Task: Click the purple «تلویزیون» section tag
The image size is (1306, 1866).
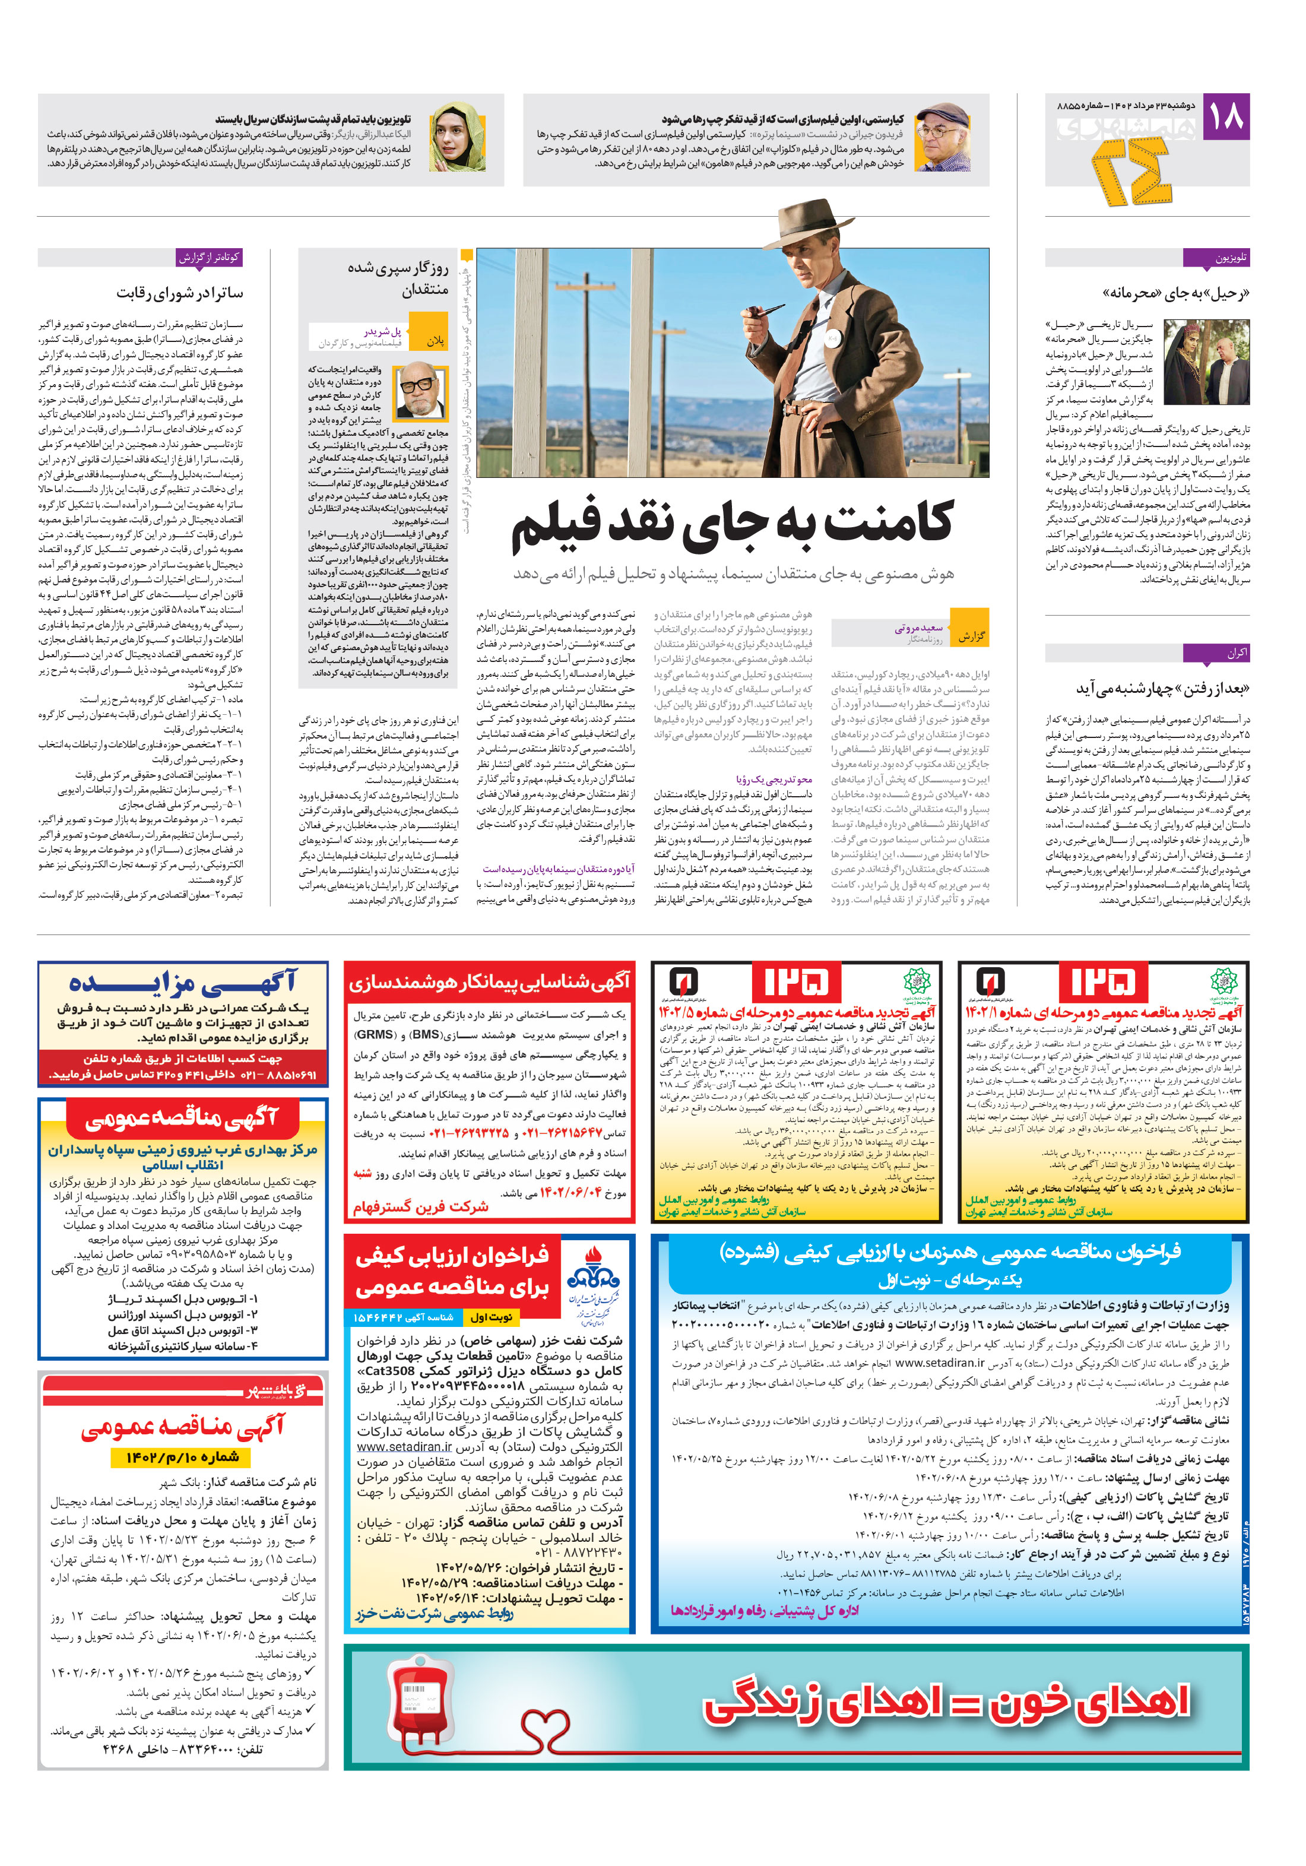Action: coord(1216,258)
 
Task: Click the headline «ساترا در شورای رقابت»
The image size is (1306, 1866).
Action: coord(180,293)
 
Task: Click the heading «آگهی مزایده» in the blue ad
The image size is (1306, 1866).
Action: coord(183,983)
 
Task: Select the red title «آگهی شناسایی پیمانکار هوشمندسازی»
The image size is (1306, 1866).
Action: coord(489,983)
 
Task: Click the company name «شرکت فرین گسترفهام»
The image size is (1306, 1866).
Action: coord(420,1207)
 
